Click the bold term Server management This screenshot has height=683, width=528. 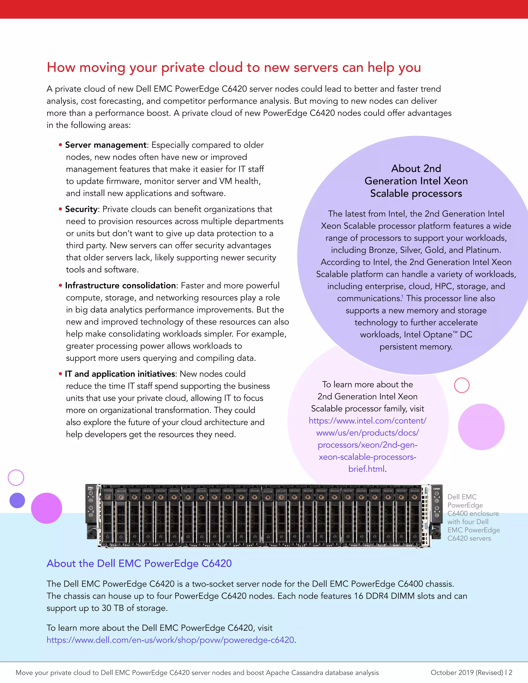[x=106, y=145]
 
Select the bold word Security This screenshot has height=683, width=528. [x=81, y=209]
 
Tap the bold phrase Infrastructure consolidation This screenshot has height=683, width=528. [x=120, y=286]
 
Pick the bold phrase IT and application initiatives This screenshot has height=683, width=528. [x=120, y=374]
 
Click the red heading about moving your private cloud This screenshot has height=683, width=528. [x=234, y=68]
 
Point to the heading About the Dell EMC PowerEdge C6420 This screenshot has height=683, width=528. [x=139, y=563]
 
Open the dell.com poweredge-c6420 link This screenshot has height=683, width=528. [x=170, y=640]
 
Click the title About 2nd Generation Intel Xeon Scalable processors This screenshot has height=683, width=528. [x=416, y=181]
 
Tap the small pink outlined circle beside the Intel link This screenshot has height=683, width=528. [x=462, y=385]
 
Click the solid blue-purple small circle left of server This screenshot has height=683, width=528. [x=17, y=500]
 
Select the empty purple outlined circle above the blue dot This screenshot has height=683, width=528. [x=16, y=478]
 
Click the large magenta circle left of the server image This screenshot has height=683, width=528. [x=47, y=508]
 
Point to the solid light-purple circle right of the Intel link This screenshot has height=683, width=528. [x=481, y=427]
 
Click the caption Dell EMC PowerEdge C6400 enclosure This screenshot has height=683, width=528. [x=473, y=518]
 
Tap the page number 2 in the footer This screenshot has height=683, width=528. [x=510, y=673]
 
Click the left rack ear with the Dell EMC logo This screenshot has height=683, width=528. [x=91, y=512]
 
